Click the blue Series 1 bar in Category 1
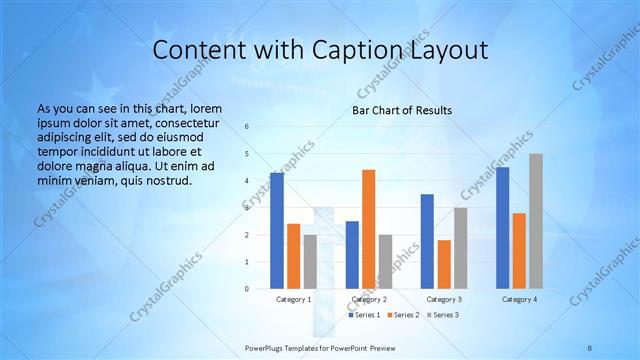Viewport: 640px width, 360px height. [277, 231]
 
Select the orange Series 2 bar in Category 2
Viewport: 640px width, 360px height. [368, 229]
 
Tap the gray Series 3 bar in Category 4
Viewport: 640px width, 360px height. [536, 221]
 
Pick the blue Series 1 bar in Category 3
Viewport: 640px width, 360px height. [427, 241]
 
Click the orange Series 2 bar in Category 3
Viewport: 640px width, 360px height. [443, 264]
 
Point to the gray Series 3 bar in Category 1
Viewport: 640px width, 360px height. [310, 262]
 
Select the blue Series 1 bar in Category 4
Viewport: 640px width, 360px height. [503, 228]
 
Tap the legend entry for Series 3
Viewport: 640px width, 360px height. [442, 315]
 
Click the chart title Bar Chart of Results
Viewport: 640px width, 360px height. [402, 110]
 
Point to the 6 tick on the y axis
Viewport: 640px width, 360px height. [247, 127]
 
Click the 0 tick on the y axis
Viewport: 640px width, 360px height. [247, 289]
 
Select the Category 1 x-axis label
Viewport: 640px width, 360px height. [293, 299]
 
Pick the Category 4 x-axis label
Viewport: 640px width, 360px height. [519, 299]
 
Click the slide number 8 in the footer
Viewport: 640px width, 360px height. [590, 347]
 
